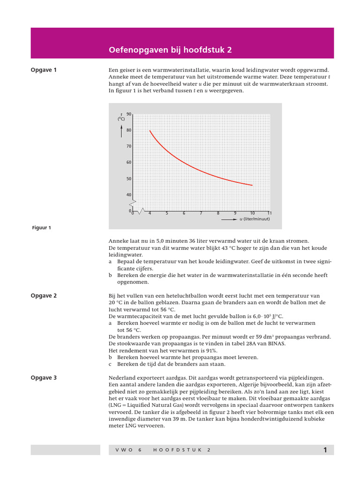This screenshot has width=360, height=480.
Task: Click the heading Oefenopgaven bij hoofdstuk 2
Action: click(170, 50)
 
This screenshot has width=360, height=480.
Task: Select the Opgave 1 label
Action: click(44, 70)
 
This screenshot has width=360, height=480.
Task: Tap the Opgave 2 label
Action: click(44, 296)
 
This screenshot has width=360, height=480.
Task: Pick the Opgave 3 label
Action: click(44, 377)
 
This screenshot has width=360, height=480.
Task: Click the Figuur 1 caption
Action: click(41, 228)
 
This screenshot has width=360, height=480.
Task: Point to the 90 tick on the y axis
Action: click(129, 114)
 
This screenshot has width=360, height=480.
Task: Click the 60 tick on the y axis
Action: click(129, 162)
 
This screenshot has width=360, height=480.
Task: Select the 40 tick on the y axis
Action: click(129, 195)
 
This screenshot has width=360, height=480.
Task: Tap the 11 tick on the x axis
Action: click(270, 213)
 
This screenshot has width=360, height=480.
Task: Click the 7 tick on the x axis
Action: click(201, 213)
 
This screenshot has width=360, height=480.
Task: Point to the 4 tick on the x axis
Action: click(150, 213)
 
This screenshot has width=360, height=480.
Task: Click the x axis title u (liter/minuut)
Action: click(255, 219)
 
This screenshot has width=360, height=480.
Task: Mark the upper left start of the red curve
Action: click(150, 131)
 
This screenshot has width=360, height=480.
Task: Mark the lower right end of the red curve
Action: click(252, 185)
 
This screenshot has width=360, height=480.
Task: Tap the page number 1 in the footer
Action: click(325, 450)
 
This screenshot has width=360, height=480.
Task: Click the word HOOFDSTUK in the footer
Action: click(178, 450)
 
